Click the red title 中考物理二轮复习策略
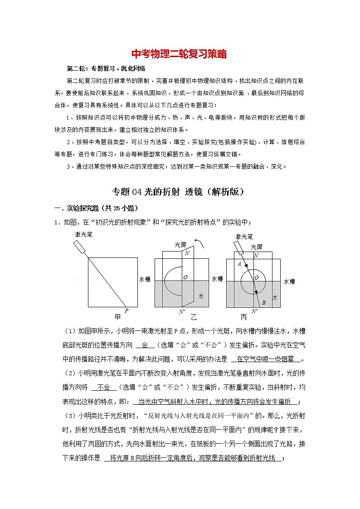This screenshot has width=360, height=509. pos(179,54)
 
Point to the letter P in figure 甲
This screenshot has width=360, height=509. pos(126,310)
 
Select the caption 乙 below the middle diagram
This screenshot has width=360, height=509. pos(194,316)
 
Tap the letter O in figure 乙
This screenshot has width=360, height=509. pos(185,277)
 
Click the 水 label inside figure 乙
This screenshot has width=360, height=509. pos(201,296)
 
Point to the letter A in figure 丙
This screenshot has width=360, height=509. pos(239,264)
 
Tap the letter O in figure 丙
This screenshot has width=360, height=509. pos(257,277)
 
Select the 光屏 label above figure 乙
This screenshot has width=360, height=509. pos(180,245)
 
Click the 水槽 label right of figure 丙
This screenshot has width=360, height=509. pos(289,281)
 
